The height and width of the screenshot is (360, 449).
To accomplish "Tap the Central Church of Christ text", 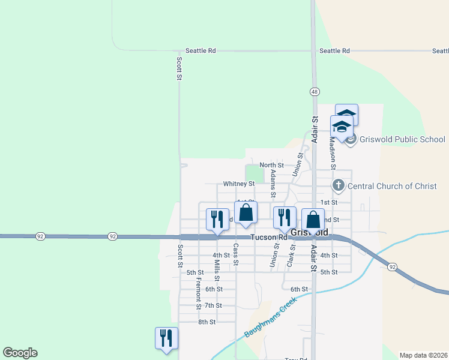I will click(x=392, y=186).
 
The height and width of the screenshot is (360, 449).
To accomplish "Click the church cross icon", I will click(x=339, y=185).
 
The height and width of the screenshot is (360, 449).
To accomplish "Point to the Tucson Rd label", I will click(x=270, y=237).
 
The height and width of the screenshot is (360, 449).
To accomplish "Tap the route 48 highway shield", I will click(x=315, y=92).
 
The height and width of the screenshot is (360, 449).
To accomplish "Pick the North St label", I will click(x=271, y=165).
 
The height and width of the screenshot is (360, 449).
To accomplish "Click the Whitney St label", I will click(x=239, y=184).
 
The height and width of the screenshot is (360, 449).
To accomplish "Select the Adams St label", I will click(x=273, y=183).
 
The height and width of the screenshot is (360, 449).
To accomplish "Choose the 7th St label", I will click(x=213, y=305).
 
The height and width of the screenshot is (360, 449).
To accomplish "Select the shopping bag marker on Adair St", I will click(x=313, y=219).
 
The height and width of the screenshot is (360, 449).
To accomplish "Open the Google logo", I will click(x=20, y=353).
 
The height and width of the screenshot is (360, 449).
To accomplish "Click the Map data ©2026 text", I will click(x=423, y=355).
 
